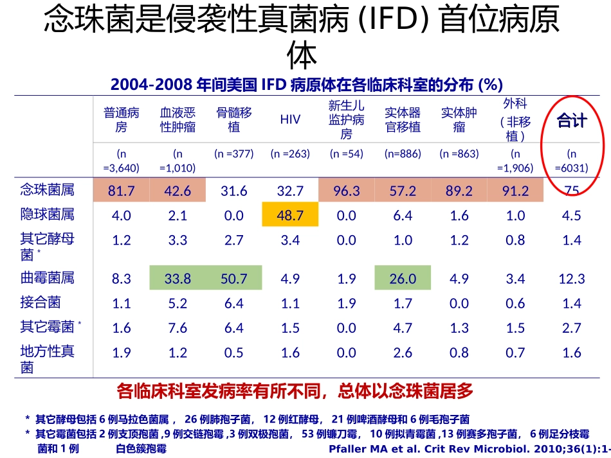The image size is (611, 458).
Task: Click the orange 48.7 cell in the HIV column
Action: (290, 215)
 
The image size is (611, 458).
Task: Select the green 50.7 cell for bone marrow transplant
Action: (234, 279)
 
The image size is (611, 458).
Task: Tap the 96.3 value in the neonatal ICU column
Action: (347, 191)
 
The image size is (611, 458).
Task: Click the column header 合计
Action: (571, 120)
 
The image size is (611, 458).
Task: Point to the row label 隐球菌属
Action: (48, 215)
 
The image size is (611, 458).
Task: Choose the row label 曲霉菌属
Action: (48, 277)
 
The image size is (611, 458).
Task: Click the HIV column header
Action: (290, 120)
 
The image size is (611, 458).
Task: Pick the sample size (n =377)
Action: (234, 154)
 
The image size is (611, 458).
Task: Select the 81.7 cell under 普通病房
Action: (122, 191)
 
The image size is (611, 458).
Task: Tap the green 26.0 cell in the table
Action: (403, 279)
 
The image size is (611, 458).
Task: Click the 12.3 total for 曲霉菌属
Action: (572, 279)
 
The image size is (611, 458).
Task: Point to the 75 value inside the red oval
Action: (572, 191)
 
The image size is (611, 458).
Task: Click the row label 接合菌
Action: (41, 302)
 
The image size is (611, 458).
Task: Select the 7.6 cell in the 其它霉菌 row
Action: (178, 328)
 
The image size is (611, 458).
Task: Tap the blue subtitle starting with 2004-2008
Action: (306, 85)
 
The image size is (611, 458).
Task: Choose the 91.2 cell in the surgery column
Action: (516, 191)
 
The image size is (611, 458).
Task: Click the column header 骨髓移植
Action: (234, 120)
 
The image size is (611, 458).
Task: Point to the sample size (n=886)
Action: (403, 154)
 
